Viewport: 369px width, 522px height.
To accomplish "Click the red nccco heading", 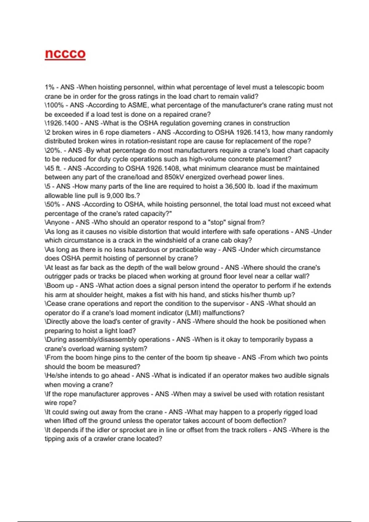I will pyautogui.click(x=65, y=54).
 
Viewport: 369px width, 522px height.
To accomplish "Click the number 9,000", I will pyautogui.click(x=114, y=195).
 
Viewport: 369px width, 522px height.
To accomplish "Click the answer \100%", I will pyautogui.click(x=54, y=105).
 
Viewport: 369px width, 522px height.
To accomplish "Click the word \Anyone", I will pyautogui.click(x=57, y=222).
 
